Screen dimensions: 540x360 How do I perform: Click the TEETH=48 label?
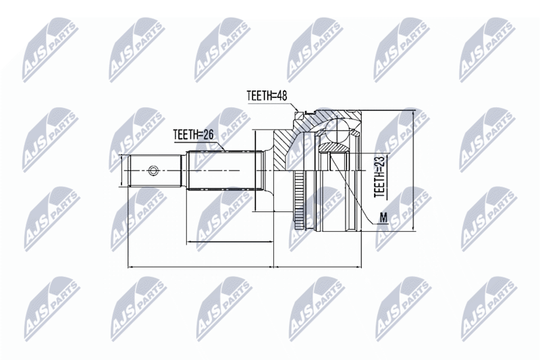(267, 95)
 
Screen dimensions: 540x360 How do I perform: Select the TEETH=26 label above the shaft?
(193, 134)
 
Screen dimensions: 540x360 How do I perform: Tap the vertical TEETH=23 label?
(379, 177)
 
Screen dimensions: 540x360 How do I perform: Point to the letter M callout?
(383, 217)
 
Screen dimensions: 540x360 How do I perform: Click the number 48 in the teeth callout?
(282, 95)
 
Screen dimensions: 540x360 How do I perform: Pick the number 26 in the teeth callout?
(209, 134)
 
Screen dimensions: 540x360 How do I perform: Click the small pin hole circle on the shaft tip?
(153, 170)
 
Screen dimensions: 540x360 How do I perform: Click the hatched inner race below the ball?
(332, 147)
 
